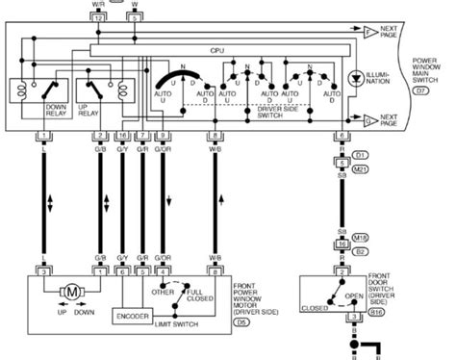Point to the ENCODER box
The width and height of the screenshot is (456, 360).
tap(132, 316)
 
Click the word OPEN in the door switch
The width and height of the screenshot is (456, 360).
tap(355, 296)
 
